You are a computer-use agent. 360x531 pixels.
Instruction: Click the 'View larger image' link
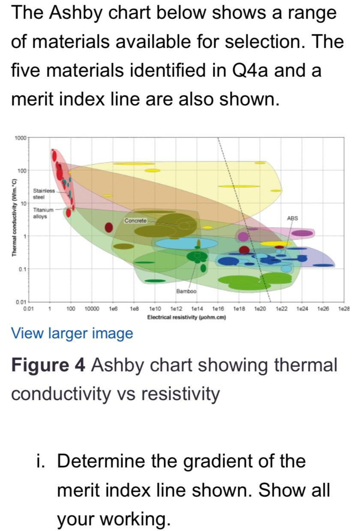pos(72,333)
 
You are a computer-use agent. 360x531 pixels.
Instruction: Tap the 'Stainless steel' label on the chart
pos(44,194)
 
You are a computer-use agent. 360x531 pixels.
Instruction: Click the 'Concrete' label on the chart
pos(135,220)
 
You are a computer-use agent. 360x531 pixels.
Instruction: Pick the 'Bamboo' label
pos(186,291)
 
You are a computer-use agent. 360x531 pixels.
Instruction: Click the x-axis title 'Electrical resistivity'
pos(186,318)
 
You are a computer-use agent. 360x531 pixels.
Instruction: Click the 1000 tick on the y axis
pos(20,138)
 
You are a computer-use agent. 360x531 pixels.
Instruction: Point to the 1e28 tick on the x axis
pos(345,308)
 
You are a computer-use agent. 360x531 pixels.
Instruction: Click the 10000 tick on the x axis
pos(92,308)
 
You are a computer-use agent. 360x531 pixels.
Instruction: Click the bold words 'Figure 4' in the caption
pos(49,365)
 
